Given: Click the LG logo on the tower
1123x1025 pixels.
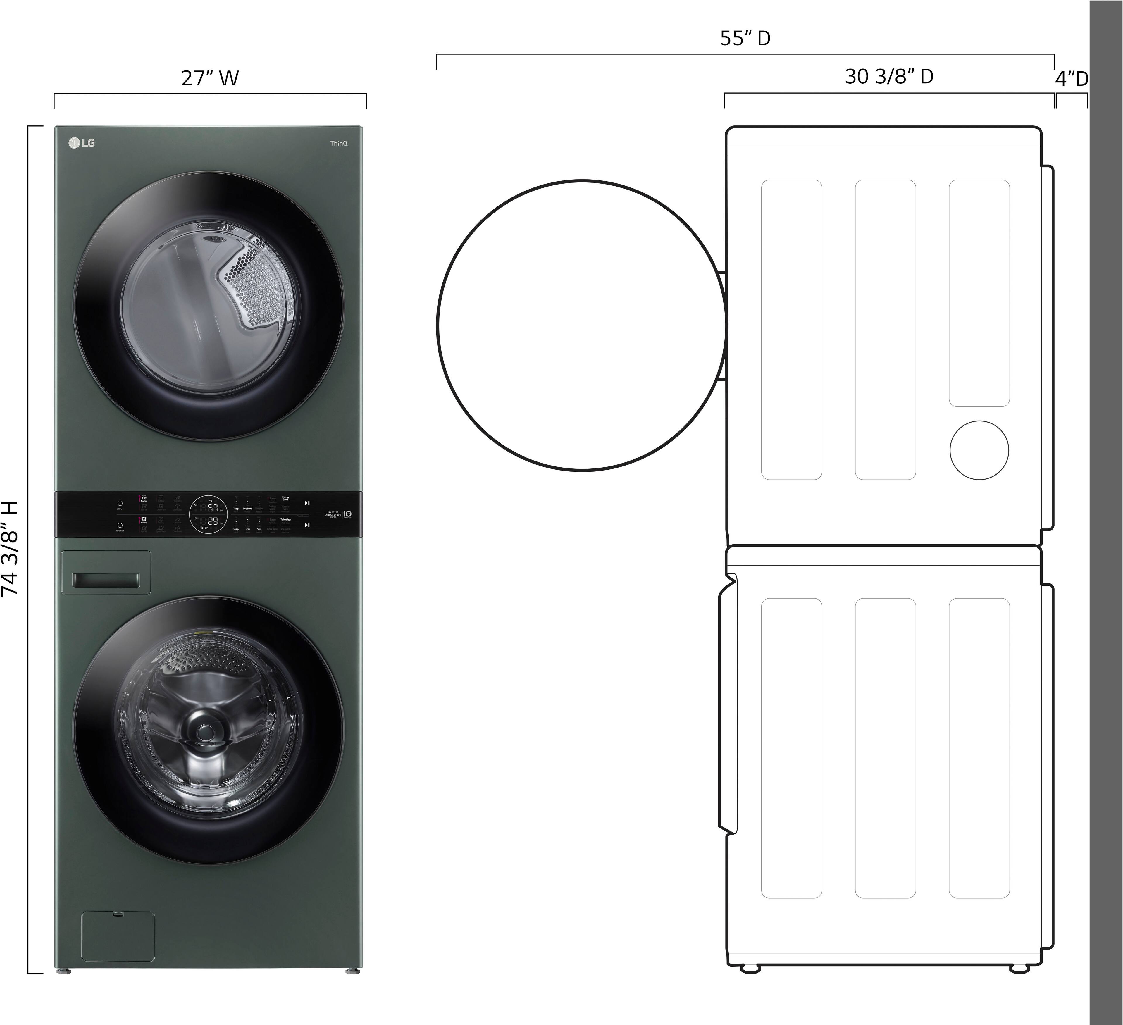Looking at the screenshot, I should click(x=82, y=143).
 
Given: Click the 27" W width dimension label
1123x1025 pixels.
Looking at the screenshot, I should click(x=210, y=78).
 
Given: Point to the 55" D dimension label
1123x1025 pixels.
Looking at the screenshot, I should click(x=745, y=38).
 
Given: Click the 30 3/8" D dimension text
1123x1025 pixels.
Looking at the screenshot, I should click(x=889, y=76).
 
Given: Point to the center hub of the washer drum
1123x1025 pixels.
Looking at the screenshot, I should click(x=204, y=731).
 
